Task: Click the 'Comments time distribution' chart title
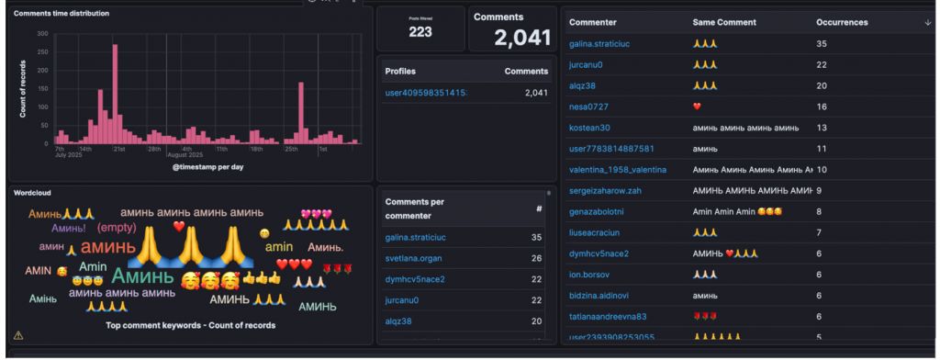(x=61, y=14)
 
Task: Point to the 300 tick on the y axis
(x=42, y=34)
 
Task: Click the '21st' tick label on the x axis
(x=119, y=148)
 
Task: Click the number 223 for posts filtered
(x=420, y=32)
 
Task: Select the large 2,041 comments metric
(x=521, y=38)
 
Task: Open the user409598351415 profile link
(x=426, y=93)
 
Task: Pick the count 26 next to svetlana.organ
(x=536, y=258)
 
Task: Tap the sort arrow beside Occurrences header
(x=927, y=21)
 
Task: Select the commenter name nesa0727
(x=590, y=107)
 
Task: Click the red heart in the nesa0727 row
(x=698, y=107)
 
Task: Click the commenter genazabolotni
(x=600, y=211)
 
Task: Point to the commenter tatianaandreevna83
(x=608, y=316)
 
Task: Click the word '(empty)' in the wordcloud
(x=117, y=227)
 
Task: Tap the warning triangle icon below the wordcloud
(x=18, y=336)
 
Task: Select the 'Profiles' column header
(x=402, y=71)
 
